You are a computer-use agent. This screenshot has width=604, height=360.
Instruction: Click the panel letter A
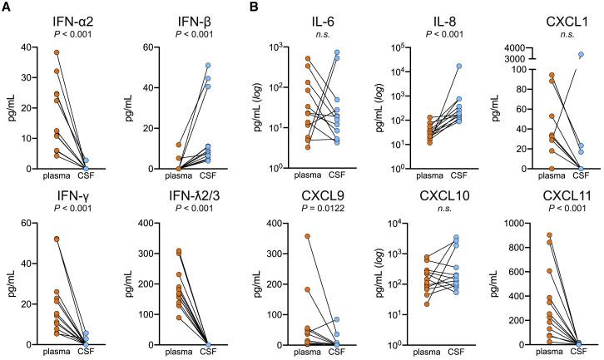click(7, 8)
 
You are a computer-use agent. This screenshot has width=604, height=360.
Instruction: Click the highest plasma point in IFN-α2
click(57, 52)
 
